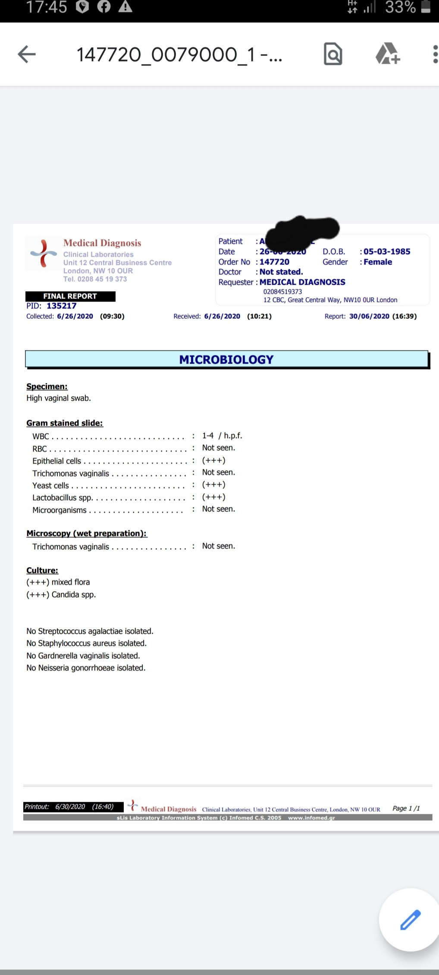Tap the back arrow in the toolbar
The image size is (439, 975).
click(27, 54)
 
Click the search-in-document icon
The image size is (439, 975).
click(333, 54)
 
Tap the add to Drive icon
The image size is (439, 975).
click(388, 54)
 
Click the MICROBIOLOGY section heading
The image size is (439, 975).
click(226, 359)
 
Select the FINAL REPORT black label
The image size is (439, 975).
click(70, 296)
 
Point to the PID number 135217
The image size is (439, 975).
click(62, 306)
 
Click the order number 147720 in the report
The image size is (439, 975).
click(274, 262)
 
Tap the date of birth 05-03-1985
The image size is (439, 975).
click(387, 252)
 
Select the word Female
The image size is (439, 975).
click(378, 262)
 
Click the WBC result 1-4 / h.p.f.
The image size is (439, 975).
click(222, 436)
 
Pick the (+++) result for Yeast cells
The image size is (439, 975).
click(214, 485)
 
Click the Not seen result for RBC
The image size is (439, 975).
click(219, 448)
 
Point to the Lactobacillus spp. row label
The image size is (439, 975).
click(63, 498)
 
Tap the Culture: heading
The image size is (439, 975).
click(42, 570)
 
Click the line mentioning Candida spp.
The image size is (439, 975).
click(61, 595)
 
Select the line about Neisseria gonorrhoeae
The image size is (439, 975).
click(86, 668)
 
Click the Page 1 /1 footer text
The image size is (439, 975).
click(406, 808)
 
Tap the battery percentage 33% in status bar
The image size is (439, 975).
click(400, 7)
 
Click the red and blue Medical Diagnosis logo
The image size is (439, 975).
click(43, 253)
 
